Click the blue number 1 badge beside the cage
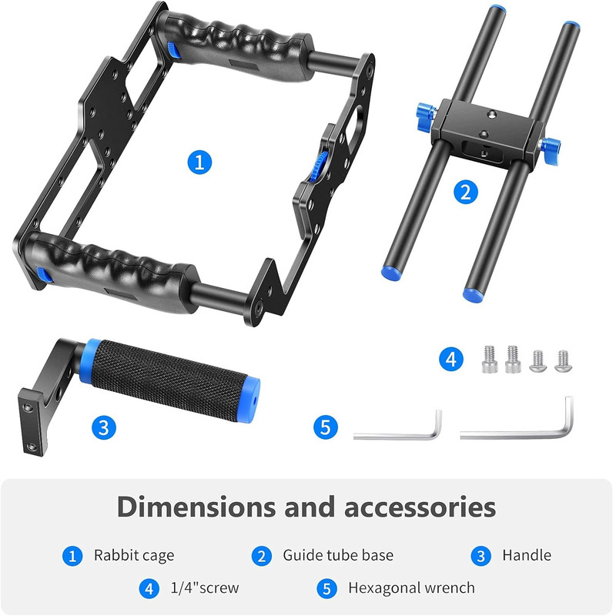click(x=199, y=162)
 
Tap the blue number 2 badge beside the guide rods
click(x=466, y=192)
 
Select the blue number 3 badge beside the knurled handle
click(x=104, y=427)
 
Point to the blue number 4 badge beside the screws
click(x=451, y=359)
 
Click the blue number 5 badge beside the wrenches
click(x=326, y=427)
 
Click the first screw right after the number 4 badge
click(x=490, y=359)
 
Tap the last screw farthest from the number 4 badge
click(x=564, y=361)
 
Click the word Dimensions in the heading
click(x=196, y=507)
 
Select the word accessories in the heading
click(x=420, y=507)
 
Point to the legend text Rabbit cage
click(x=134, y=555)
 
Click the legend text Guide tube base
click(x=338, y=555)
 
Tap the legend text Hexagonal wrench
click(x=411, y=588)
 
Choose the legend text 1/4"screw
click(x=205, y=588)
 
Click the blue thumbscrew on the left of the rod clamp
click(x=426, y=113)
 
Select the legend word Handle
click(x=527, y=555)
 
